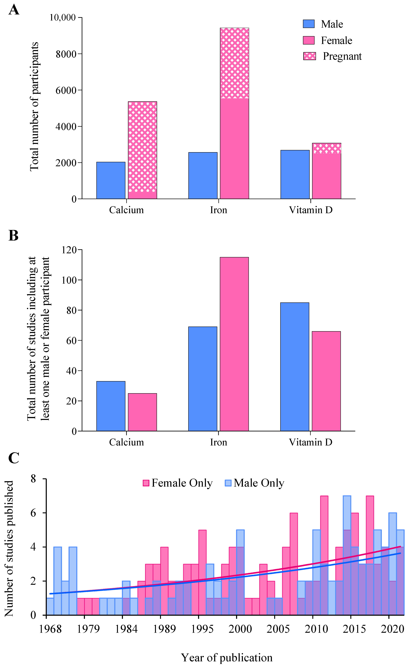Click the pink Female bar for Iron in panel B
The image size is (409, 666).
coord(234,344)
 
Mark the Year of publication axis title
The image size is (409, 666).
coord(227,657)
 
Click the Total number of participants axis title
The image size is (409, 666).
coord(34,106)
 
